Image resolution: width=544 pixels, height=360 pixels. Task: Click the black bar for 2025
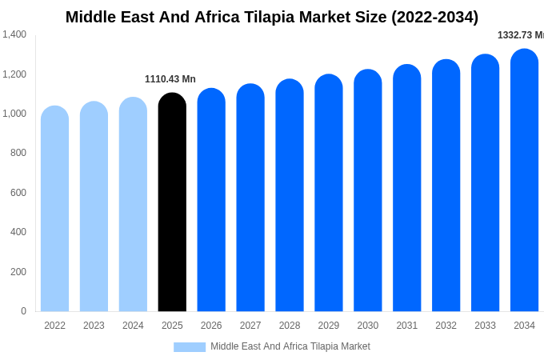[x=172, y=204]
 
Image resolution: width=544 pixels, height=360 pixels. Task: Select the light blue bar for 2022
[x=54, y=210]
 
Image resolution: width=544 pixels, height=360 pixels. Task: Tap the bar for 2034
[x=524, y=182]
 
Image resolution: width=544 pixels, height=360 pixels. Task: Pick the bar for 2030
[x=368, y=192]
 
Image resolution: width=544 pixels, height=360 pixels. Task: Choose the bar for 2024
[x=133, y=206]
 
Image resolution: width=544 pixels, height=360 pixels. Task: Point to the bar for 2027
[x=250, y=199]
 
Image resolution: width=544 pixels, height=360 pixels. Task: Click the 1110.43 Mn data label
[x=170, y=79]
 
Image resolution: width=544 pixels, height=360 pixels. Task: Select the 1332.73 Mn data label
[x=520, y=35]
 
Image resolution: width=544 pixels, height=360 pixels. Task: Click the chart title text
[x=272, y=17]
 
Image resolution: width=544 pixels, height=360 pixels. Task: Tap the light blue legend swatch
[x=190, y=347]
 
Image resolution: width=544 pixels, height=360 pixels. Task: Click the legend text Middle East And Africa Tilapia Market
[x=290, y=346]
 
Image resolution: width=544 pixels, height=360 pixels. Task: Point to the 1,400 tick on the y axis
[x=14, y=34]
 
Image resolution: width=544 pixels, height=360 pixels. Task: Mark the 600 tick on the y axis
[x=18, y=193]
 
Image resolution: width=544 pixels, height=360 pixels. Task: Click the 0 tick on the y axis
[x=23, y=311]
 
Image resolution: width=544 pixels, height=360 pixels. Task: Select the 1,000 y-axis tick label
[x=14, y=114]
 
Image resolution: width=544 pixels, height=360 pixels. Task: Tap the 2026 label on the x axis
[x=211, y=326]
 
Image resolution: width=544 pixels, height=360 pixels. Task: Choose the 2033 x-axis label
[x=485, y=326]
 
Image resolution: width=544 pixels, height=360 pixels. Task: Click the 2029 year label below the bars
[x=329, y=326]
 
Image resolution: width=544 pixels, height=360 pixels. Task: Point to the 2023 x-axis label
[x=94, y=326]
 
